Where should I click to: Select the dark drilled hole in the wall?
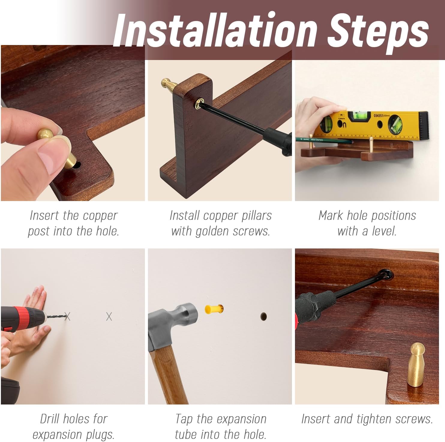(263, 316)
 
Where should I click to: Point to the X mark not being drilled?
(109, 316)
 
